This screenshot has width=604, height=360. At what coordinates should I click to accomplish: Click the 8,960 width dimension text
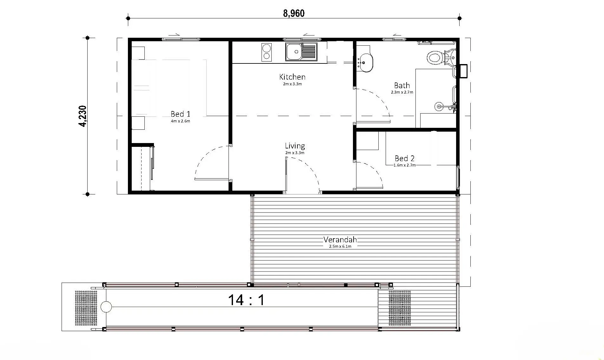coord(294,13)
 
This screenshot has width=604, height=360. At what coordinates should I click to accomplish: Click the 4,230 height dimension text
coord(83,116)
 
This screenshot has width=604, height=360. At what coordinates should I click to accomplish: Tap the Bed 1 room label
coord(180,114)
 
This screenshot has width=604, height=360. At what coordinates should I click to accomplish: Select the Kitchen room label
coord(292,77)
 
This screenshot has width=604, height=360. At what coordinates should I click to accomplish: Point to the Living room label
coord(295,146)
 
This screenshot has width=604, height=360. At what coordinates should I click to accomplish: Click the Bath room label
coord(402,85)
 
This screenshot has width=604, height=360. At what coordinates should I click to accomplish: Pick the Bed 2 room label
coord(404,158)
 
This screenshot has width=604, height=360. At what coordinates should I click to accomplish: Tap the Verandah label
coord(340,239)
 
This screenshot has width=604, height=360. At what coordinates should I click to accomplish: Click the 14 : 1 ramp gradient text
coord(246,300)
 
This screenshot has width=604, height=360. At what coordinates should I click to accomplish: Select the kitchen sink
coord(301,52)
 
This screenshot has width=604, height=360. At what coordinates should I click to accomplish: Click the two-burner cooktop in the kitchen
coord(267,52)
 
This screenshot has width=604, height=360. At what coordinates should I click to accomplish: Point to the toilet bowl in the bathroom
coord(434,58)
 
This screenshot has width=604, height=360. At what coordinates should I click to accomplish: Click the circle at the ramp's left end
coord(106,307)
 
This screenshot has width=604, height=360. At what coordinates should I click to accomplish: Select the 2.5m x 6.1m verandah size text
coord(340,246)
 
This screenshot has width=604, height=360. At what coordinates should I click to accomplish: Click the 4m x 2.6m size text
coord(180,121)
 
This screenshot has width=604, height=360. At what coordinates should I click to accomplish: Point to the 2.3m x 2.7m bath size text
coord(402,92)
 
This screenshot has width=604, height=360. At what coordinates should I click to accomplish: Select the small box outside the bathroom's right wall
coord(463,71)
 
